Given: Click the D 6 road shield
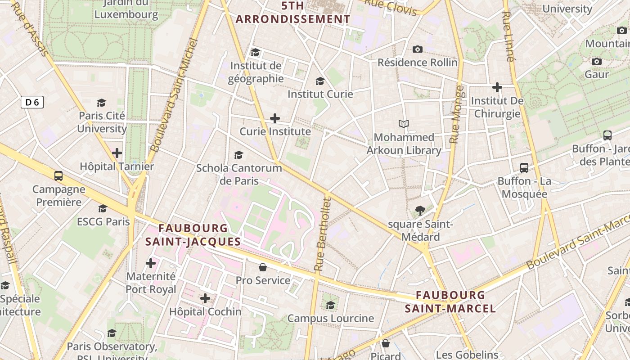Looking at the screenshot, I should [x=32, y=103].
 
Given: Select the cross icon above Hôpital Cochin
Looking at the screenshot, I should [x=205, y=298].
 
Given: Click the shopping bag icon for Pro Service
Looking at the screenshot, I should [x=263, y=267].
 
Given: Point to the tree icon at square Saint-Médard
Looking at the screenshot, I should [x=420, y=210].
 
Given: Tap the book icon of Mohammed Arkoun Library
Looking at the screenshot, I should [x=404, y=124].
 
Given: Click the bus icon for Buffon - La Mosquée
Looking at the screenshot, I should [x=524, y=168].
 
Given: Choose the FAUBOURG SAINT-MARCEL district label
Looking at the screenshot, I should [x=450, y=302].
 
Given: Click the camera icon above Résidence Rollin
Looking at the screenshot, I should [x=418, y=49].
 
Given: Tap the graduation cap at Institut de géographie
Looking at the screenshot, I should [x=256, y=53].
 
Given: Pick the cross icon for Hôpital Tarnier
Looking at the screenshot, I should [x=117, y=153].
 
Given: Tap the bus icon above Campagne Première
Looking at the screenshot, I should [x=58, y=176].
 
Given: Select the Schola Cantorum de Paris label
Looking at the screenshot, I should [x=239, y=175].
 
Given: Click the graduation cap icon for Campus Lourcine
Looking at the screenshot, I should [x=331, y=305].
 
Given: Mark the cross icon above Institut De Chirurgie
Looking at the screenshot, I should [x=497, y=87].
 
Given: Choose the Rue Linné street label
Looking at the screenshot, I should [x=507, y=36].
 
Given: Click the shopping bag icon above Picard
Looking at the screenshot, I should [x=386, y=343].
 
